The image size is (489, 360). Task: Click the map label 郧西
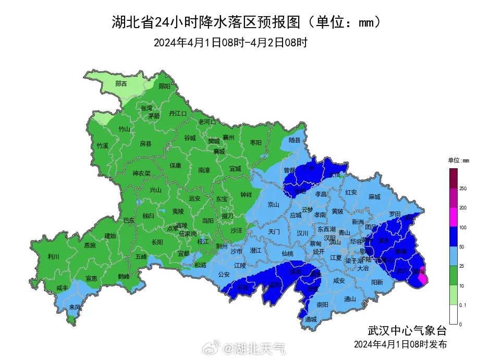(x=121, y=83)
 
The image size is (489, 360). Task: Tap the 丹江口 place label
(x=177, y=113)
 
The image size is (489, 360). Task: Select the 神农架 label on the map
(x=141, y=173)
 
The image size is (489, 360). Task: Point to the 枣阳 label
(x=255, y=142)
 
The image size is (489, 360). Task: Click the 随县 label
(x=295, y=140)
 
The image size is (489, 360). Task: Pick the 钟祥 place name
(x=246, y=194)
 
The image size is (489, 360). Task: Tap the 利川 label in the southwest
(x=53, y=256)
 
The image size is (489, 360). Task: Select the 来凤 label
(x=75, y=307)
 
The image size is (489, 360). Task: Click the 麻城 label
(x=374, y=197)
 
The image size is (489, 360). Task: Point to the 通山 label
(x=350, y=299)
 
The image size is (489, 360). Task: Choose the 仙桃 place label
(x=287, y=253)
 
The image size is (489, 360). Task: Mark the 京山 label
(x=274, y=205)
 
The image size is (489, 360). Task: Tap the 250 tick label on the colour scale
(x=462, y=188)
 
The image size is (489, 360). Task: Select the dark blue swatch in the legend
(x=453, y=236)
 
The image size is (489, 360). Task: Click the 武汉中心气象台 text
(x=407, y=330)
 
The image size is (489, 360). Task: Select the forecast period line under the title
(x=230, y=43)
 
